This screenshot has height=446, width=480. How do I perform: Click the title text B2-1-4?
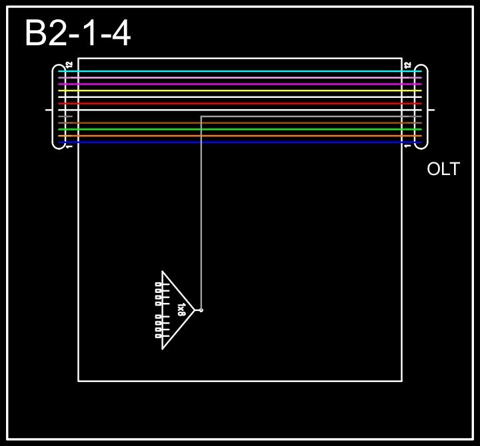click(x=77, y=33)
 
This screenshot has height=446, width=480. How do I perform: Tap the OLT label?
click(x=443, y=169)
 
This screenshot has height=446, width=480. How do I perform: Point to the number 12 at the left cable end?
click(x=69, y=65)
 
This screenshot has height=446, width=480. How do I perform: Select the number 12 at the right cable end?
click(x=408, y=65)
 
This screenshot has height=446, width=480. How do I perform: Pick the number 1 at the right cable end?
click(x=408, y=146)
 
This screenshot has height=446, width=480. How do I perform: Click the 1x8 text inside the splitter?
click(x=182, y=310)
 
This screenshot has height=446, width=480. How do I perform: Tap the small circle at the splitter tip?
click(x=201, y=310)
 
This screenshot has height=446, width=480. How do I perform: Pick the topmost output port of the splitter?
click(x=158, y=284)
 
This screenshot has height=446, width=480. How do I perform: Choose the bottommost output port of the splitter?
click(x=158, y=335)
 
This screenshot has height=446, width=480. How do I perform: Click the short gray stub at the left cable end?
click(x=65, y=116)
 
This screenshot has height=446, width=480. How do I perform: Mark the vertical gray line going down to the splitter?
click(x=201, y=213)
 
